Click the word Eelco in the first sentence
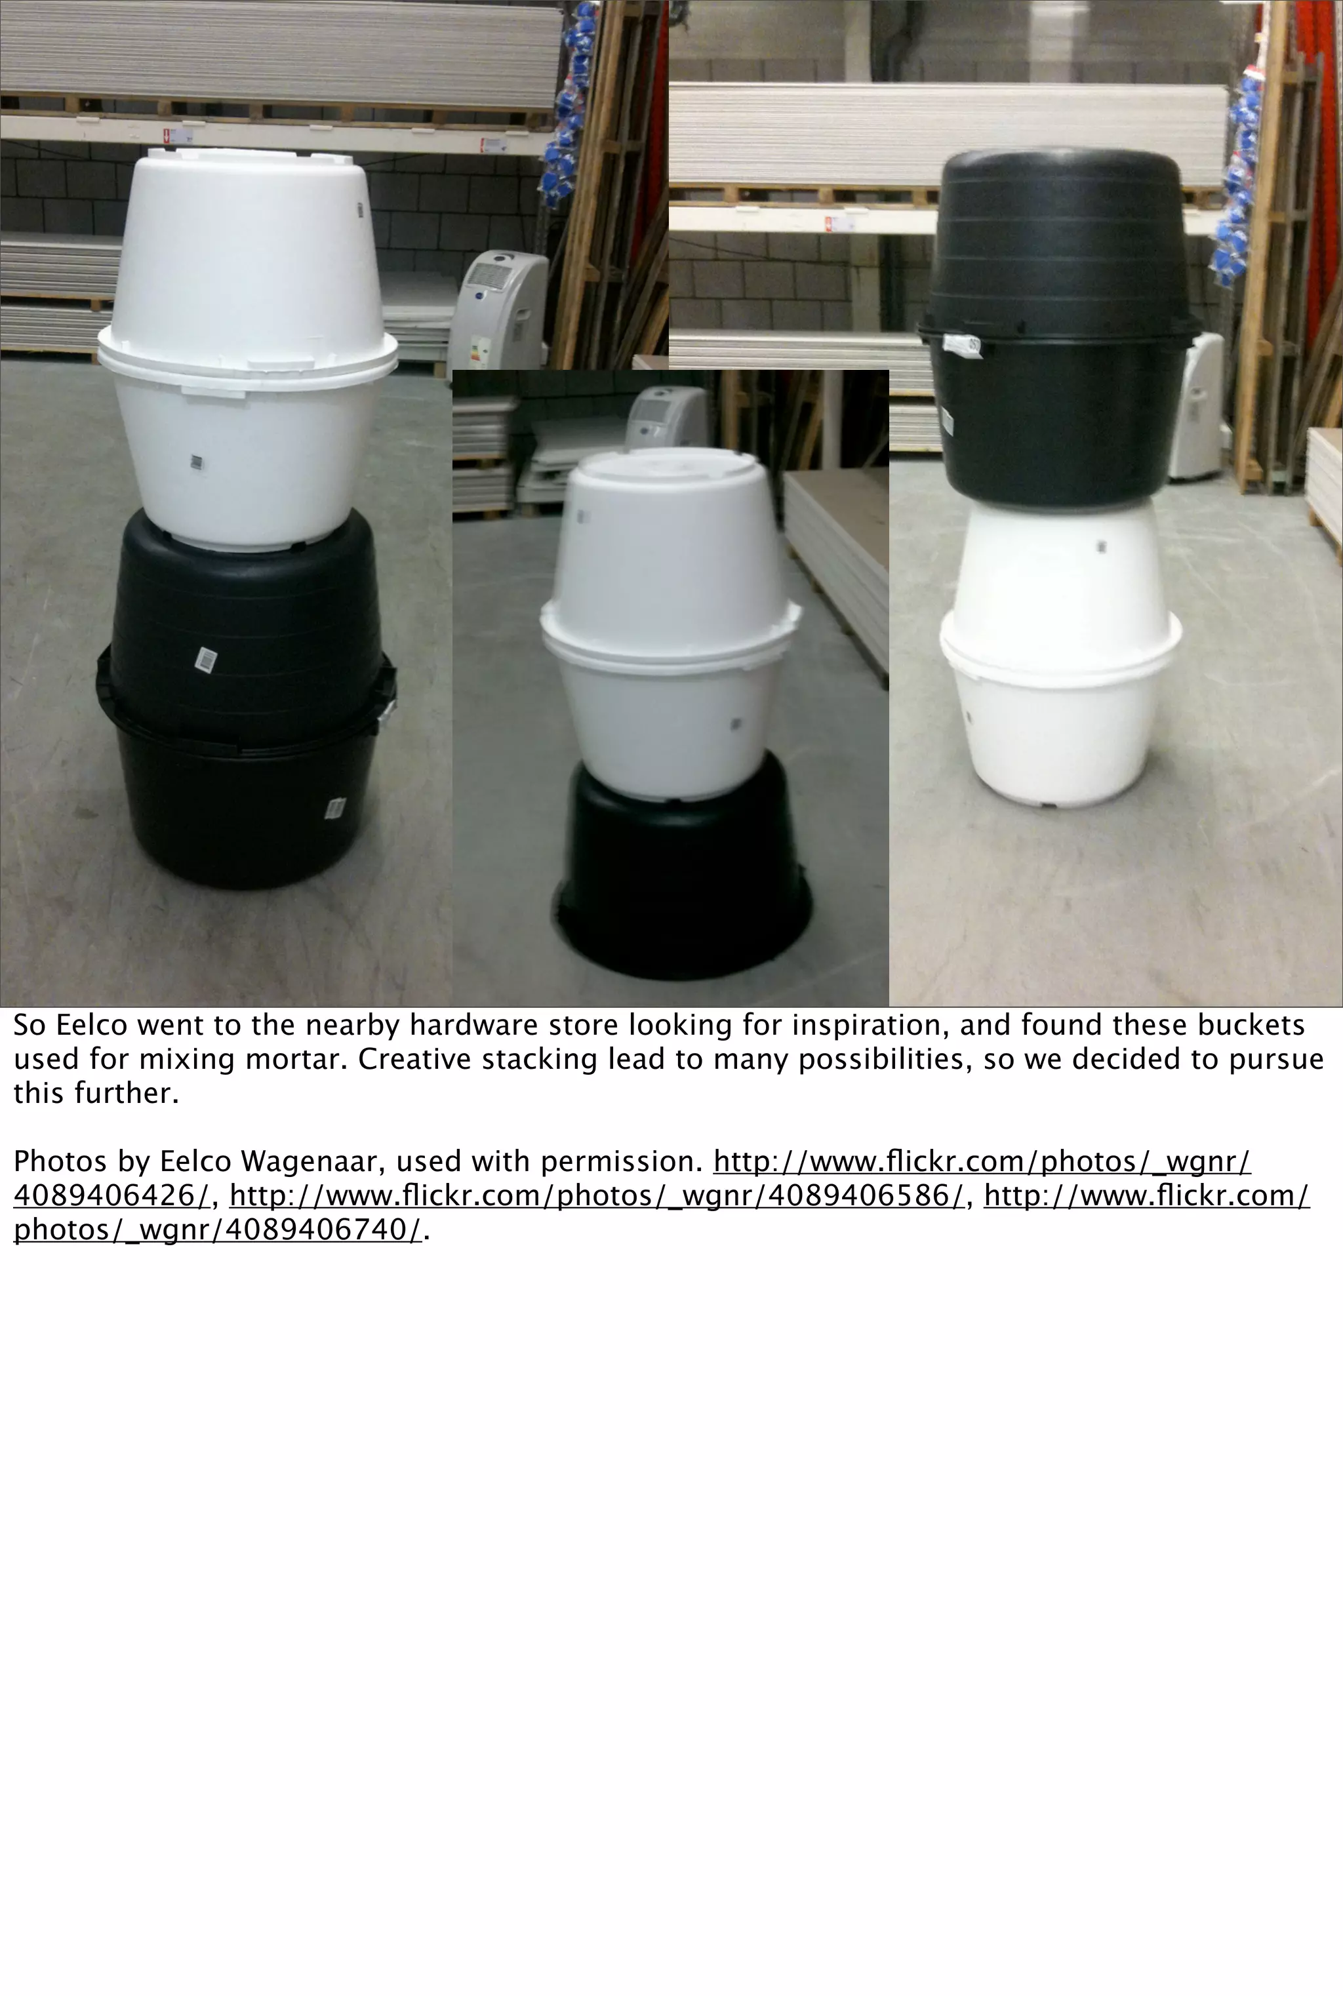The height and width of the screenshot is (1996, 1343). [85, 1025]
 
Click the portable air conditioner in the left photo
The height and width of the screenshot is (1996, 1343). [499, 308]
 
